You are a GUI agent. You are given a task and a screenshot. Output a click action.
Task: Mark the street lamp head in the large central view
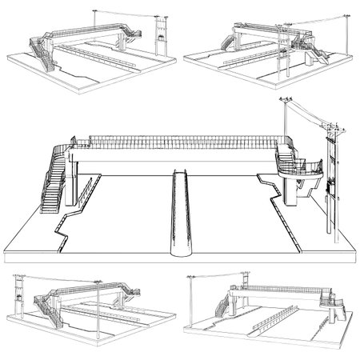pos(285,99)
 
